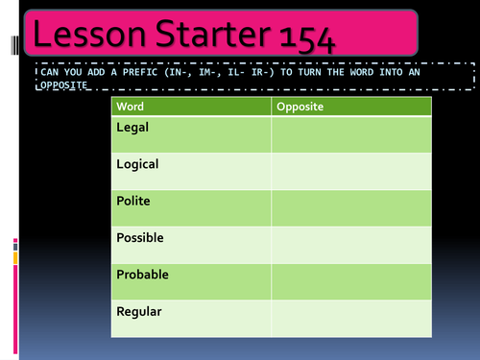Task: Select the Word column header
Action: [130, 107]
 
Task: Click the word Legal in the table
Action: [132, 127]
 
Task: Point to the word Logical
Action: [137, 164]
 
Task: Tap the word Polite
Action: [133, 201]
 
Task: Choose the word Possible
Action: [140, 237]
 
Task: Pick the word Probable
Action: [142, 275]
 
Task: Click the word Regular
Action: [139, 311]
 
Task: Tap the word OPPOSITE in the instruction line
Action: [61, 85]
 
